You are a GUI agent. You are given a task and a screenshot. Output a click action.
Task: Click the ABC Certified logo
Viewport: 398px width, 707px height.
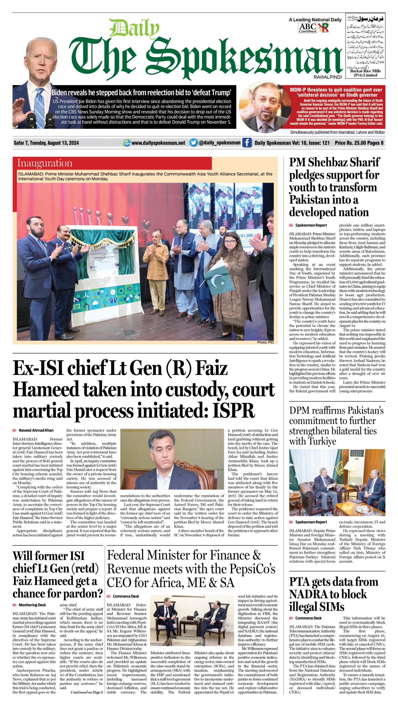click(x=308, y=28)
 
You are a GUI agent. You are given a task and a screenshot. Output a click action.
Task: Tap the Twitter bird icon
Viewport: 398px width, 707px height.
click(x=194, y=143)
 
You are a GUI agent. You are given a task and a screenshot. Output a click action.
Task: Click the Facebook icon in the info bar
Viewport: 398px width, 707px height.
click(x=247, y=143)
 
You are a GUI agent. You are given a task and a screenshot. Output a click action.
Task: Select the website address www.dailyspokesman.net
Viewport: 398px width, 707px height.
click(x=158, y=143)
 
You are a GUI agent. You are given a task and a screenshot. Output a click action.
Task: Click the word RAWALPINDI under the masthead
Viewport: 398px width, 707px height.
click(x=328, y=77)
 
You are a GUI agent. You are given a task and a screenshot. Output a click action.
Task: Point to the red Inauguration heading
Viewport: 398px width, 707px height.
click(x=45, y=163)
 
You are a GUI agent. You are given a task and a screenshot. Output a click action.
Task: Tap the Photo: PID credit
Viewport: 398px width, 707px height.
click(x=265, y=342)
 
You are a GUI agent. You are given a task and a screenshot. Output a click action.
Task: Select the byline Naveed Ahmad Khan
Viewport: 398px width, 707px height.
click(x=36, y=430)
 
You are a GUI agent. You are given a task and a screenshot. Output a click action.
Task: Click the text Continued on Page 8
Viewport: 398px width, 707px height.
click(x=87, y=692)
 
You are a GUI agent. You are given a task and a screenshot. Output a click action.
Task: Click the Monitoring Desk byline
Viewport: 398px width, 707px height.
click(x=32, y=605)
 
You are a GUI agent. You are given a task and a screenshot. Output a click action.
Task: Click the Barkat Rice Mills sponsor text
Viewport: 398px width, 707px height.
click(x=365, y=73)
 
